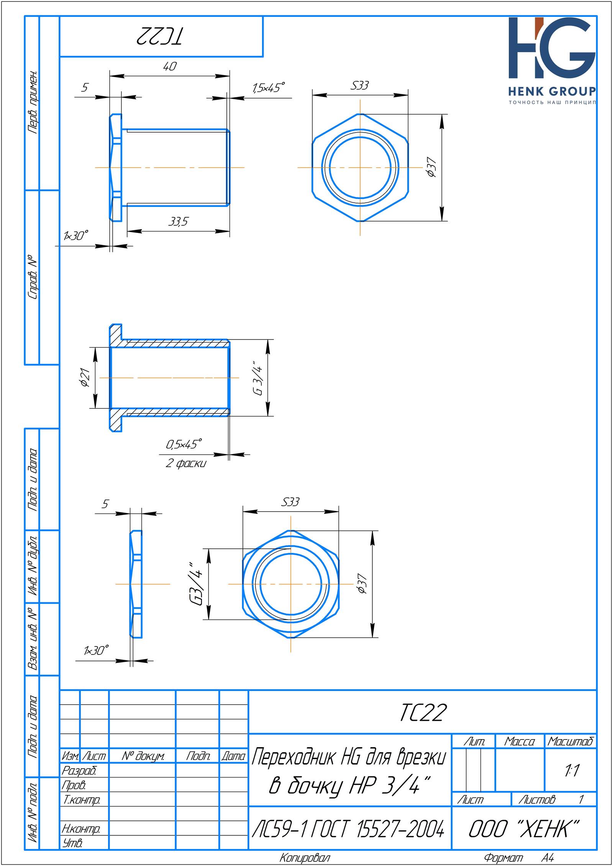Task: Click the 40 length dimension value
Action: click(x=170, y=66)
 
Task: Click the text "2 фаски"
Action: click(x=186, y=463)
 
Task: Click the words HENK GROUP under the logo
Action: click(x=552, y=91)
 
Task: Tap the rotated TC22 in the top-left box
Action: click(x=161, y=37)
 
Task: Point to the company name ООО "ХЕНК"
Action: click(x=524, y=830)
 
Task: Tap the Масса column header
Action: click(x=520, y=742)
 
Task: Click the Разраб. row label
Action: click(x=79, y=770)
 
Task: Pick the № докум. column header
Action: click(x=143, y=756)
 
